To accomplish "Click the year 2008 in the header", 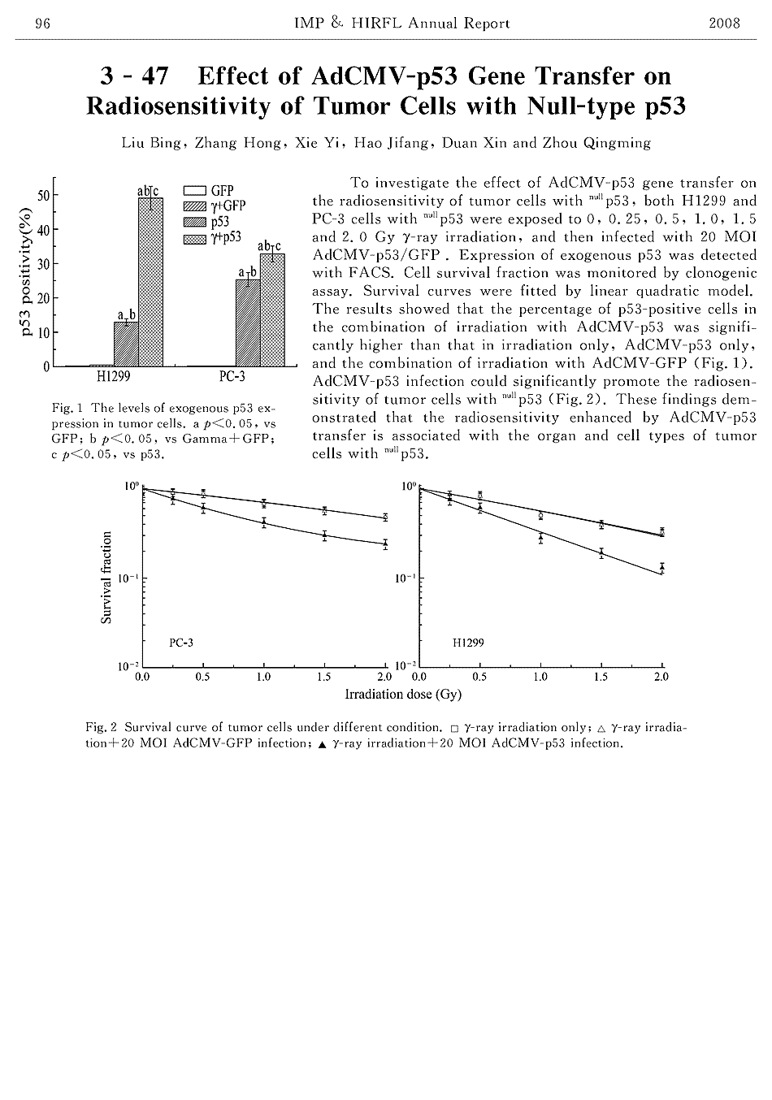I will [724, 24].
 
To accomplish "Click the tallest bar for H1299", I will [150, 280].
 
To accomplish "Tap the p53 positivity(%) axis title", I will [27, 271].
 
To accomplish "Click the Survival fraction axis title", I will [106, 577].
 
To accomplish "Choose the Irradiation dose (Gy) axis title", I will [403, 695].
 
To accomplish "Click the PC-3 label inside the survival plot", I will [181, 643].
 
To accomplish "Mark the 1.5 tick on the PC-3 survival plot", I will [323, 677].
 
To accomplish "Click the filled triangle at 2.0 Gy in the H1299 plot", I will [662, 567].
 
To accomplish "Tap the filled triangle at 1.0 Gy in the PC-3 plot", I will [264, 522].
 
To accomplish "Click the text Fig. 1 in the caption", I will [63, 408].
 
